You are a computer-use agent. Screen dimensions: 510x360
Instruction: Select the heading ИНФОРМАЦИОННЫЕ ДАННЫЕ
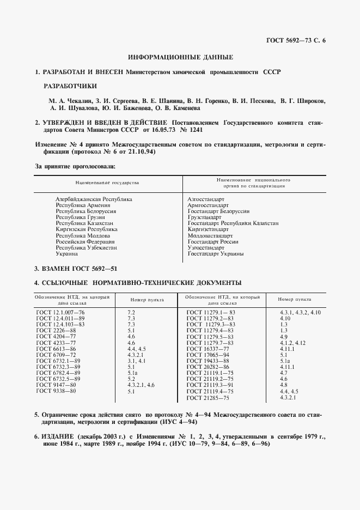click(180, 57)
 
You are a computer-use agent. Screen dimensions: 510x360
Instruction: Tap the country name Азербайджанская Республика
click(94, 199)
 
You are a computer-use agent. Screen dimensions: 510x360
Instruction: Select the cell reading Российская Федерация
click(86, 241)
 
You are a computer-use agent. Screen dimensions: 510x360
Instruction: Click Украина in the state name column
click(67, 253)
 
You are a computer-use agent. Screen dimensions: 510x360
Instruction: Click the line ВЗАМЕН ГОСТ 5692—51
click(76, 269)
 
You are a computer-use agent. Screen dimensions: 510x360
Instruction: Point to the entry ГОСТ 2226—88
click(56, 331)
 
